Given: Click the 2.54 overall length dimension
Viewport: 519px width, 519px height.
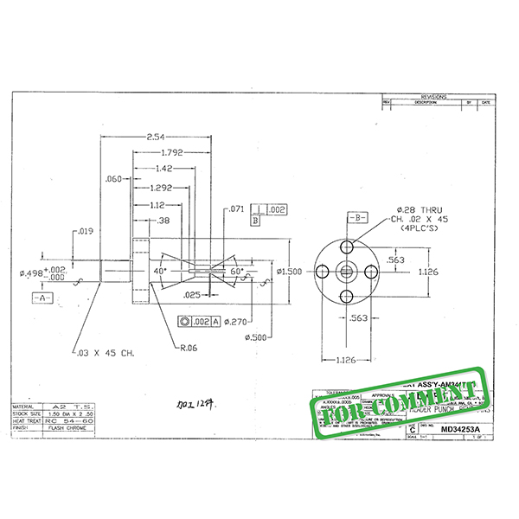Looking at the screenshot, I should (157, 138).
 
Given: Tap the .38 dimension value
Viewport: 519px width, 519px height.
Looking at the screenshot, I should (163, 220).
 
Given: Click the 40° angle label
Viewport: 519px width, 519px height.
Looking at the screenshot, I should (160, 271).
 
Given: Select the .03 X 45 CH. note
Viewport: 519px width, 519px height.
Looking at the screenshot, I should (106, 353).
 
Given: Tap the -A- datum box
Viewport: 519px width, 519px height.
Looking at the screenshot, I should (43, 297).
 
